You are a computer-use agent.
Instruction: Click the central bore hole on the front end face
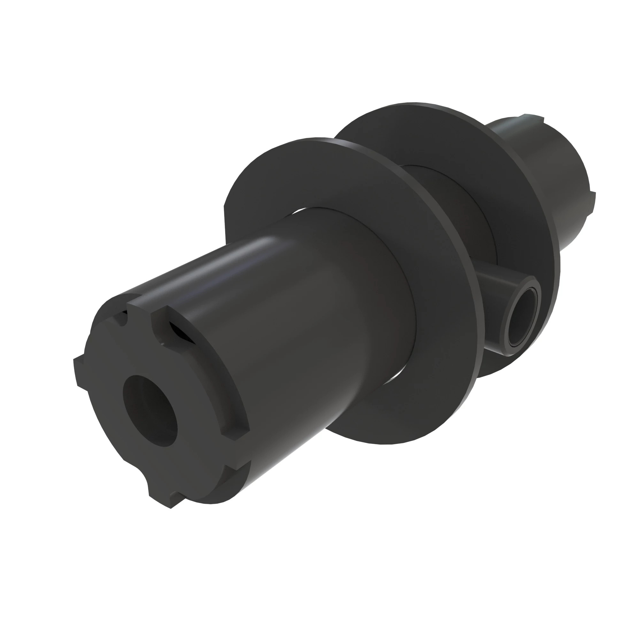point(150,411)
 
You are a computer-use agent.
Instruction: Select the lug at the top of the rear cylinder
point(533,117)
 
